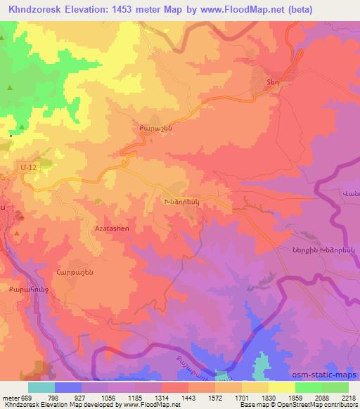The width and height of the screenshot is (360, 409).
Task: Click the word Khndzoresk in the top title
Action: [33, 11]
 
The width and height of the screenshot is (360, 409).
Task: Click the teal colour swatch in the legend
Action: [41, 387]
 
